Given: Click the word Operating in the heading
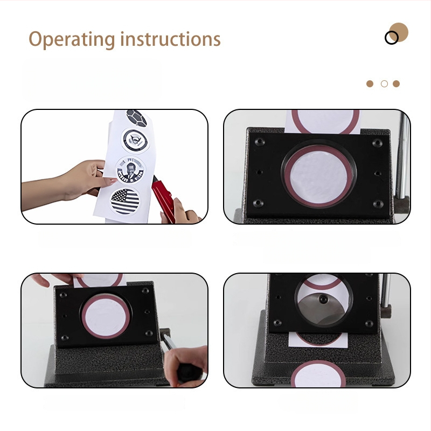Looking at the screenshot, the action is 72,39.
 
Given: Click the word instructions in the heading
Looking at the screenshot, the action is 170,39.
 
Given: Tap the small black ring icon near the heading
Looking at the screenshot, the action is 392,38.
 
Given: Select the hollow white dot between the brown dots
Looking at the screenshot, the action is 384,84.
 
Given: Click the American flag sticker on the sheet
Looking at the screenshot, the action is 125,201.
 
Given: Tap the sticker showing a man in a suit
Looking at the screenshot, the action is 130,170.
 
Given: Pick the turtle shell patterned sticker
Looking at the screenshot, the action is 137,118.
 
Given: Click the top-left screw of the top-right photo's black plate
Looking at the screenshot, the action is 260,142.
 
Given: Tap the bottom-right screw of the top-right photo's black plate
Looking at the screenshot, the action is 378,204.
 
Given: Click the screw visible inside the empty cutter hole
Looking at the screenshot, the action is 323,299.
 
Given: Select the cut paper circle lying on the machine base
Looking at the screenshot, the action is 318,374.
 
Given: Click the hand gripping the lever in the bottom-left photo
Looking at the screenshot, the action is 186,366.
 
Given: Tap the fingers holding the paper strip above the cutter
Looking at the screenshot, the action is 57,279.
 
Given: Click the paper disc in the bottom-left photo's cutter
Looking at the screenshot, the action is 106,316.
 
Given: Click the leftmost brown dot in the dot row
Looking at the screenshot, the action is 370,84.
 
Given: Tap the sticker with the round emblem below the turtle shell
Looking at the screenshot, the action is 135,141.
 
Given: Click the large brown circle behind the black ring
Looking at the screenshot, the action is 399,32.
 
